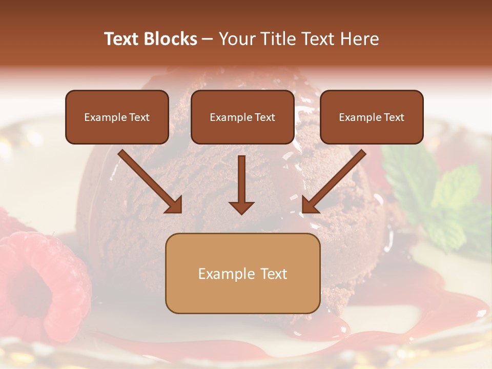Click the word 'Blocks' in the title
170,39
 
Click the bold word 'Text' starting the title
122,39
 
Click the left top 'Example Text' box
117,117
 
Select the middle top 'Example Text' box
242,117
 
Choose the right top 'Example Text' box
372,117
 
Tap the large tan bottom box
242,273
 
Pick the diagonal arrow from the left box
150,181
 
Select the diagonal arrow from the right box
334,181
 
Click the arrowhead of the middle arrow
241,207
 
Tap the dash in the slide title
208,39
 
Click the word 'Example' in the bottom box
223,274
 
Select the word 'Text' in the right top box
394,117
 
